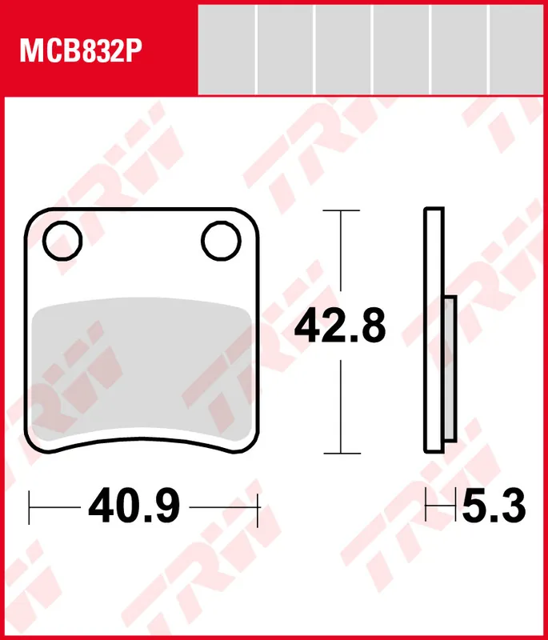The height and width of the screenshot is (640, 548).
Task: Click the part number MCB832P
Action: pyautogui.click(x=80, y=52)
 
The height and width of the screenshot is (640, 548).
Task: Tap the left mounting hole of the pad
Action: pyautogui.click(x=63, y=240)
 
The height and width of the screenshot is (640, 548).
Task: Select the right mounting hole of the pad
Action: pyautogui.click(x=221, y=240)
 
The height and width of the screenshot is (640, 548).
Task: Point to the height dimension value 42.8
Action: pyautogui.click(x=340, y=326)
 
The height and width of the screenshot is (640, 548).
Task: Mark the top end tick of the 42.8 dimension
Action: pyautogui.click(x=341, y=211)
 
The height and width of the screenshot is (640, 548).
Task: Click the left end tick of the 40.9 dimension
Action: pyautogui.click(x=30, y=506)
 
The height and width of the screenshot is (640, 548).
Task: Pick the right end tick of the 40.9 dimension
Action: pyautogui.click(x=259, y=506)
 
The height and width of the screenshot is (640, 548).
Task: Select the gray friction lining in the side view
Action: pyautogui.click(x=449, y=368)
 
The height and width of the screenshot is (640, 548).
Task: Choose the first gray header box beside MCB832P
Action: pyautogui.click(x=226, y=50)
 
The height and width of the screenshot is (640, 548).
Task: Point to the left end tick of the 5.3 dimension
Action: pyautogui.click(x=426, y=506)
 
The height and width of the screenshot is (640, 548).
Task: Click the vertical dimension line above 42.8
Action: pyautogui.click(x=341, y=256)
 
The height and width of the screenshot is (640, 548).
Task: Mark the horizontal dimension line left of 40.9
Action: pyautogui.click(x=56, y=506)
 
